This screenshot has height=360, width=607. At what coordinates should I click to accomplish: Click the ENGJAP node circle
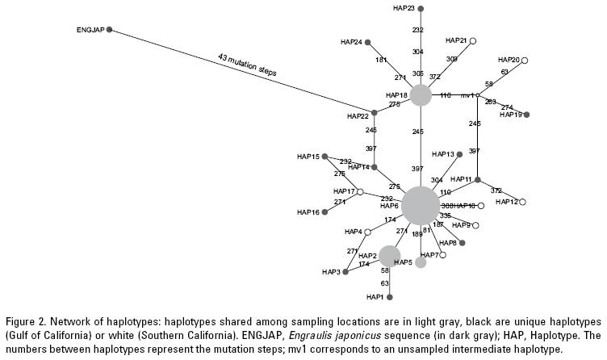tap(110, 30)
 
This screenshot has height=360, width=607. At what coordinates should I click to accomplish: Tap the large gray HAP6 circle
tap(421, 204)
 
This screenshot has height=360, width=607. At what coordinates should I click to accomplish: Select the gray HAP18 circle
tap(420, 96)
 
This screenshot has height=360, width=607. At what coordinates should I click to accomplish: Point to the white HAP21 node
tap(473, 40)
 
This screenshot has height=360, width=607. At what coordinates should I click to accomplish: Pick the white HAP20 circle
tap(525, 59)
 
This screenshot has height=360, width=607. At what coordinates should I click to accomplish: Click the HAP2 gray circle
tap(390, 256)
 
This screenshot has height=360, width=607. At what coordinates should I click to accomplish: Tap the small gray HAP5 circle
tap(421, 262)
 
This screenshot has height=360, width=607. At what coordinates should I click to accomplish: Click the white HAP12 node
tap(524, 201)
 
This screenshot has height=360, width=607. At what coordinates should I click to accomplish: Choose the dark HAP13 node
tap(460, 153)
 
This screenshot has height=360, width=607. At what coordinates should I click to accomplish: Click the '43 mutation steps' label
tap(247, 65)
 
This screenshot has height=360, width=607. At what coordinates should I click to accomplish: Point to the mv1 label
tap(466, 96)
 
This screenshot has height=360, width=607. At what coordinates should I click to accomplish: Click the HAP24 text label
tap(352, 42)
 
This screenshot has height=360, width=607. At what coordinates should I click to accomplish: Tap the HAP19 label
tap(511, 115)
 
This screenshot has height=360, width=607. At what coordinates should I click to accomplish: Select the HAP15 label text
tap(308, 157)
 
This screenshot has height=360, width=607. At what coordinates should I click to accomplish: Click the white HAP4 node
tap(367, 232)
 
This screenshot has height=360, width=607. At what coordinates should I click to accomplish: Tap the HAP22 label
tap(358, 116)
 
